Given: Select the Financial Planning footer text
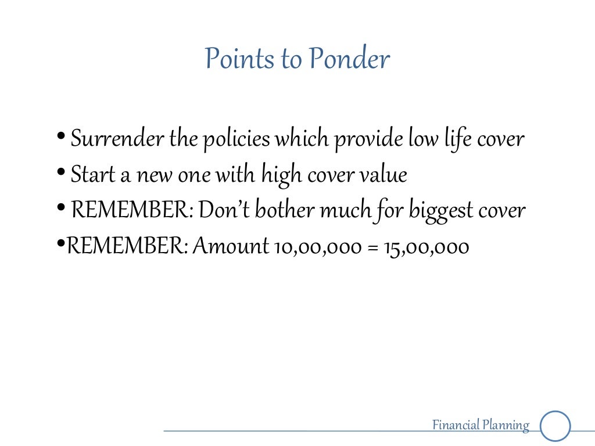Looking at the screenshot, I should pos(481,426).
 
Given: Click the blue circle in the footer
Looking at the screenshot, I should pos(555,426).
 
